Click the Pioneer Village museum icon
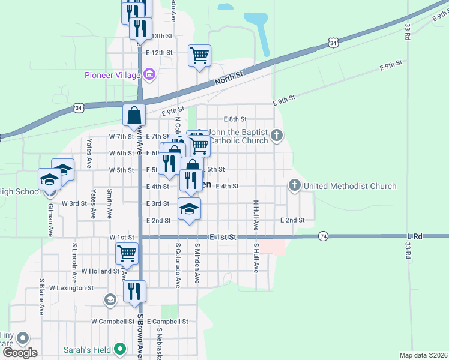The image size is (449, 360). click(x=149, y=75)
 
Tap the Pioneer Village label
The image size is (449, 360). click(x=112, y=75)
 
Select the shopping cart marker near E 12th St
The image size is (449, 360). click(x=199, y=56)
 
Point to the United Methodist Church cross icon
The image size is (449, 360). click(x=295, y=185)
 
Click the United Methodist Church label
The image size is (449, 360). click(x=350, y=186)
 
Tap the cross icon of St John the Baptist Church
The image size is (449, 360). click(x=277, y=135)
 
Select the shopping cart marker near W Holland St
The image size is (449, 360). click(x=127, y=253)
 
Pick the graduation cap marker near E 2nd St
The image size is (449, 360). click(x=189, y=209)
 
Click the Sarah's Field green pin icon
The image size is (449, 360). click(x=121, y=348)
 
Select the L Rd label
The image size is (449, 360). click(x=414, y=236)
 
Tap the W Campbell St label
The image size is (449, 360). click(x=113, y=322)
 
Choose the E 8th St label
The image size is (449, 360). click(x=235, y=119)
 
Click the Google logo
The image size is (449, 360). click(x=20, y=353)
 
